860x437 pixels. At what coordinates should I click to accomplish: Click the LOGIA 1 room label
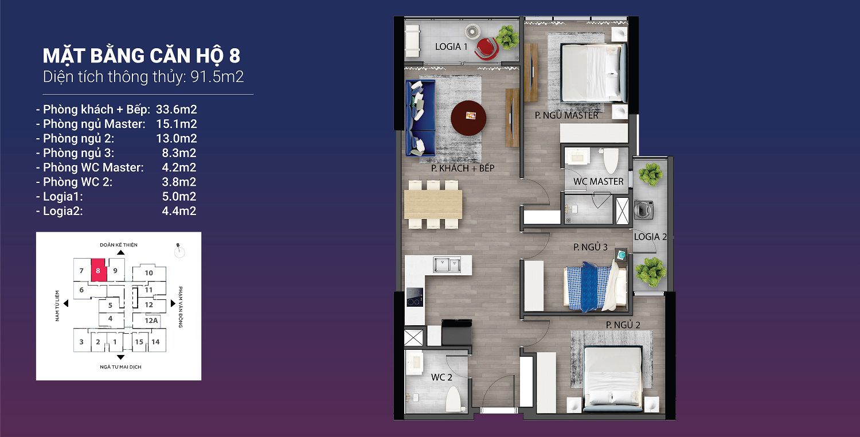click(451, 46)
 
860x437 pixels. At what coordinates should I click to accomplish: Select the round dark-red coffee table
click(468, 118)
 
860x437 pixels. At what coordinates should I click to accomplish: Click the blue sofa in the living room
click(420, 118)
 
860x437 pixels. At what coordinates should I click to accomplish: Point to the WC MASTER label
click(598, 181)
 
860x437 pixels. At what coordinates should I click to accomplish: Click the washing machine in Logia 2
click(643, 210)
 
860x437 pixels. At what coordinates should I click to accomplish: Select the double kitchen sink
click(447, 264)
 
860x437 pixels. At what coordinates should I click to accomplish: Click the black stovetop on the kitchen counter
click(415, 297)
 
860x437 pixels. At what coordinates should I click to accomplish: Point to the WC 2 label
click(441, 377)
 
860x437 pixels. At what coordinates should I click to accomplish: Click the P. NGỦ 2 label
click(623, 325)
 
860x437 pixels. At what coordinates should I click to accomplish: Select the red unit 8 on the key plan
click(98, 270)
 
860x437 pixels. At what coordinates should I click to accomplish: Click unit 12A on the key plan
click(151, 320)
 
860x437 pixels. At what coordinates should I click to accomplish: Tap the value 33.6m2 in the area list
click(176, 110)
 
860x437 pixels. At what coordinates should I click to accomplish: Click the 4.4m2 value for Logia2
click(179, 211)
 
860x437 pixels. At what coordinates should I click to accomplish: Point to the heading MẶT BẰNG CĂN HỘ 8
click(141, 55)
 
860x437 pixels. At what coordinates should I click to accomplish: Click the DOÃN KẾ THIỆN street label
click(119, 245)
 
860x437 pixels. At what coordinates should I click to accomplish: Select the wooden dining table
click(433, 204)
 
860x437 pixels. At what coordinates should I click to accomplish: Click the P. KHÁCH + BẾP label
click(463, 168)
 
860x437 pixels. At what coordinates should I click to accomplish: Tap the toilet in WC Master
click(611, 160)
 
